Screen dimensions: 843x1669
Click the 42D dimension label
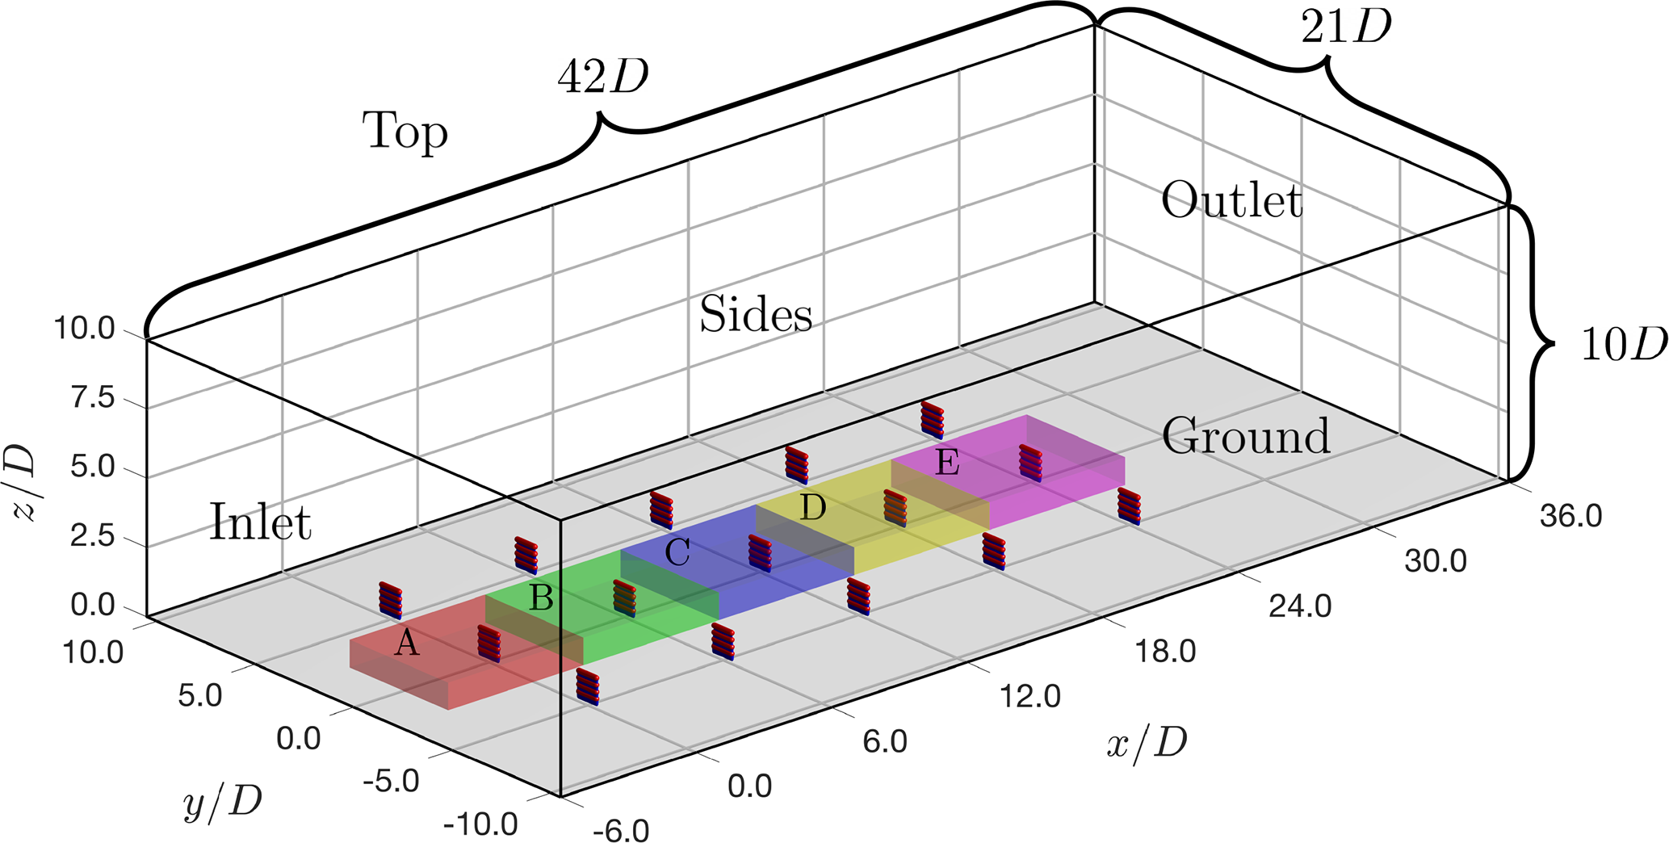[x=603, y=78]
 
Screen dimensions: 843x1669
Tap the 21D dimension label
[x=1346, y=28]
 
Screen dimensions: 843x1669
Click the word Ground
[x=1246, y=436]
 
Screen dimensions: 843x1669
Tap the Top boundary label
[x=405, y=132]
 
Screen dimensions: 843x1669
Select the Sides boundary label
[x=755, y=314]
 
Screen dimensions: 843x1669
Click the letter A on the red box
[x=407, y=644]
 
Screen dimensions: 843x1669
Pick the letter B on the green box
[x=540, y=598]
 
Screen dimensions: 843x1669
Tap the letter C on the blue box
[x=677, y=553]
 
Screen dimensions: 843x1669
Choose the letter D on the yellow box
[x=812, y=508]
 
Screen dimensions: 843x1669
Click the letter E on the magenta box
[x=947, y=463]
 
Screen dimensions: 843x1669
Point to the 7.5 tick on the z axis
[x=93, y=398]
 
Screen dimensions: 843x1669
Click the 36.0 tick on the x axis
[x=1570, y=516]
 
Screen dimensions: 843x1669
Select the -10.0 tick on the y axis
[x=480, y=824]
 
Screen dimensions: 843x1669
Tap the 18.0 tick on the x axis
[x=1165, y=651]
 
